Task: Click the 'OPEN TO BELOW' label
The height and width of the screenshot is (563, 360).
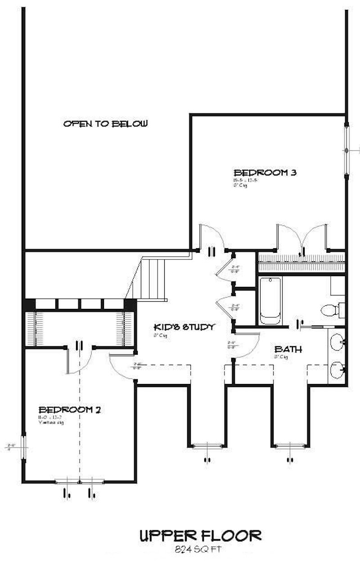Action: (x=105, y=124)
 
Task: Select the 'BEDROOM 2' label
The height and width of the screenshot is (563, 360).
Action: (x=69, y=410)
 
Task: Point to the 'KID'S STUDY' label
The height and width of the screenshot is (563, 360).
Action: (x=183, y=327)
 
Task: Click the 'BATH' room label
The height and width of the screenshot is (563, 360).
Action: (x=288, y=349)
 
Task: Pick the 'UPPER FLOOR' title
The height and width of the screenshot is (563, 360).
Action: (x=200, y=536)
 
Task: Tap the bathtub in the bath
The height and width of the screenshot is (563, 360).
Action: (x=270, y=300)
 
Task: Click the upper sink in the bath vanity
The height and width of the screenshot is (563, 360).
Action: (x=337, y=343)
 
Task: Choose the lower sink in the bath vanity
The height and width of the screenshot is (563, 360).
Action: (x=337, y=371)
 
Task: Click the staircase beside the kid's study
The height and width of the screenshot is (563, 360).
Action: (x=151, y=279)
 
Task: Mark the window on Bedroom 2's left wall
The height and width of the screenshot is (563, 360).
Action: (x=23, y=447)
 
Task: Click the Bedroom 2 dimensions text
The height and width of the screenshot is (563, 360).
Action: (x=50, y=417)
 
